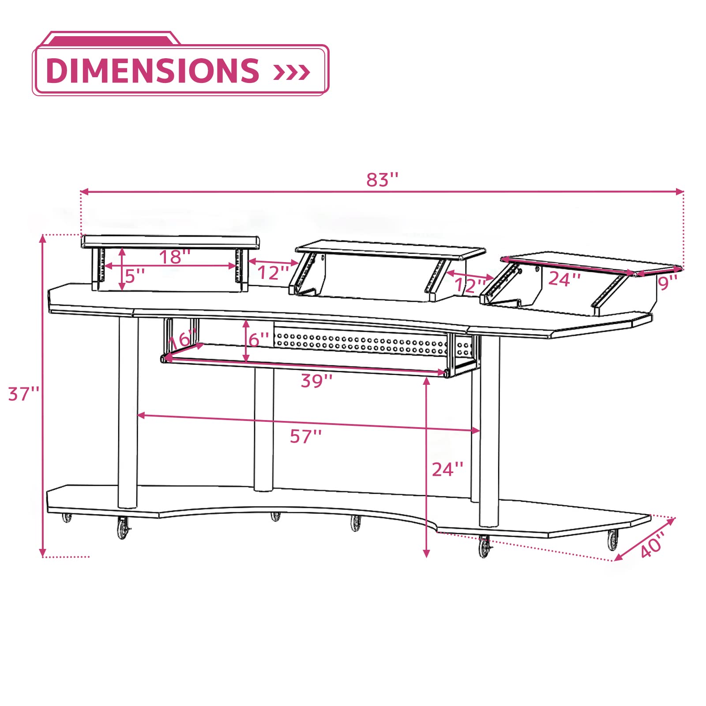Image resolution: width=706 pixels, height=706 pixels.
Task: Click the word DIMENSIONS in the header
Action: click(152, 71)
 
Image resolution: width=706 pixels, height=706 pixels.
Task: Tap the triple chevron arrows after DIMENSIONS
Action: click(292, 72)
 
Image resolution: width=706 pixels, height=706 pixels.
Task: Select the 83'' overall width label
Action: click(382, 180)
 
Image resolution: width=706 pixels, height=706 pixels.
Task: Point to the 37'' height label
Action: click(24, 394)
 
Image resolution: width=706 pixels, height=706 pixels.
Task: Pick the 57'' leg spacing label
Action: click(306, 436)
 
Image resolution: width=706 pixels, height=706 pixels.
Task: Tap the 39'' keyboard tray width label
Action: click(317, 381)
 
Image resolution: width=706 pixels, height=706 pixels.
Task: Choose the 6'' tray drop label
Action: click(259, 340)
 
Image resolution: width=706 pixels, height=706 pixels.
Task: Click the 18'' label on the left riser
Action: click(175, 257)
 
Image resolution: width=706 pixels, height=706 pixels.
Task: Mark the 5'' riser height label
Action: click(135, 276)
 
